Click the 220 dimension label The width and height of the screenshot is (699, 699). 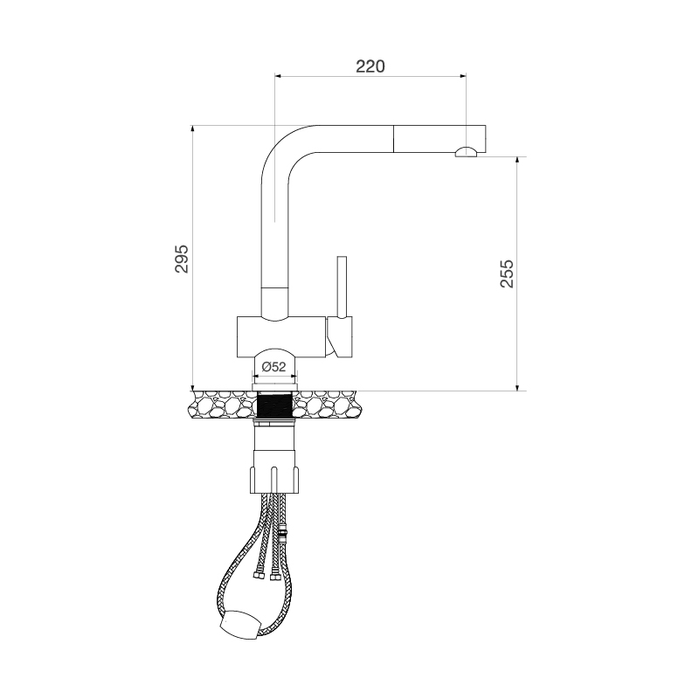coord(370,66)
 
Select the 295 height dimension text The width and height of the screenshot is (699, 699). coord(182,259)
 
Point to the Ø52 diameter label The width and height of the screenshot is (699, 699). coord(274,367)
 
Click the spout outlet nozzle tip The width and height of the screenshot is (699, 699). coord(466,154)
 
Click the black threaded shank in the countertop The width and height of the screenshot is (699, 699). coord(275,404)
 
